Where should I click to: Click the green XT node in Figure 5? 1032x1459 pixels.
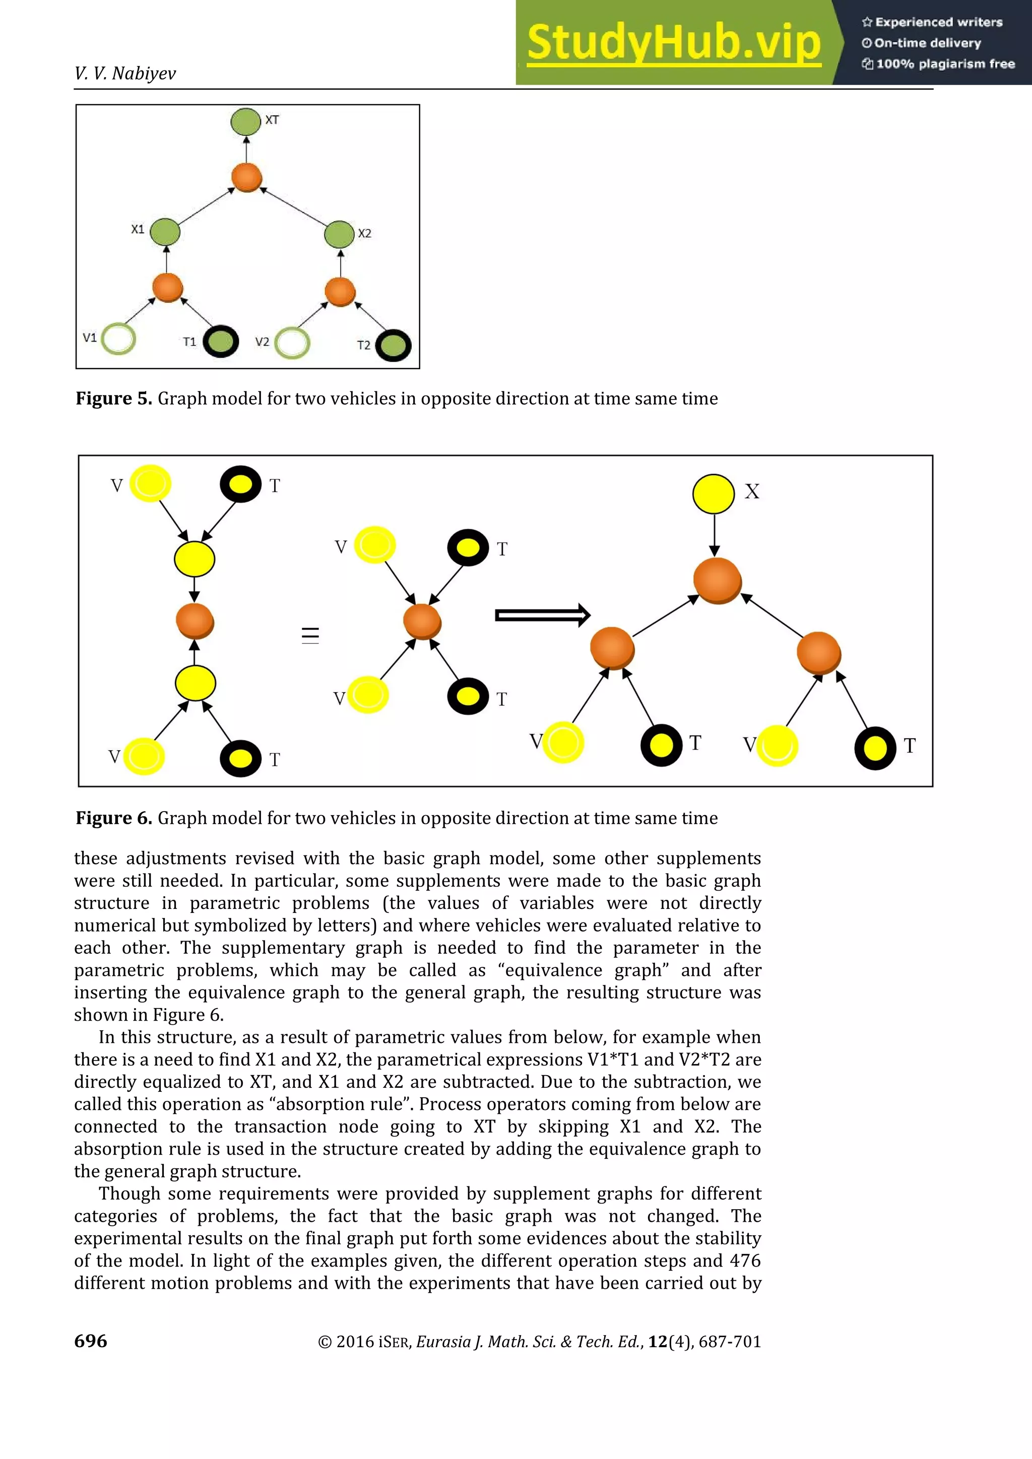tap(245, 121)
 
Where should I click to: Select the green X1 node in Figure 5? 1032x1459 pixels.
tap(165, 232)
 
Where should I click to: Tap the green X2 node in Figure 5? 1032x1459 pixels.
tap(339, 234)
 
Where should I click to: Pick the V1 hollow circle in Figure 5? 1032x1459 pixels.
tap(119, 338)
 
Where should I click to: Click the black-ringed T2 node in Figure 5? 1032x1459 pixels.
tap(394, 346)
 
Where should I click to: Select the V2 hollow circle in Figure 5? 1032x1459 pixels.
tap(292, 343)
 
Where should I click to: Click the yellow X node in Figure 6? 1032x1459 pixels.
tap(713, 494)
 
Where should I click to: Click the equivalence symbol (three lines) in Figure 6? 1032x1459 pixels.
tap(310, 635)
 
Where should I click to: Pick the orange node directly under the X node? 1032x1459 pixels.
tap(718, 581)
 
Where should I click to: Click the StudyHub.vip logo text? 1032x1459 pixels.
tap(674, 43)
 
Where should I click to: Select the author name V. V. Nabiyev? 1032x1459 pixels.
tap(125, 74)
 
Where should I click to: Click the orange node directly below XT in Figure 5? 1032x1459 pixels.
tap(246, 177)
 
